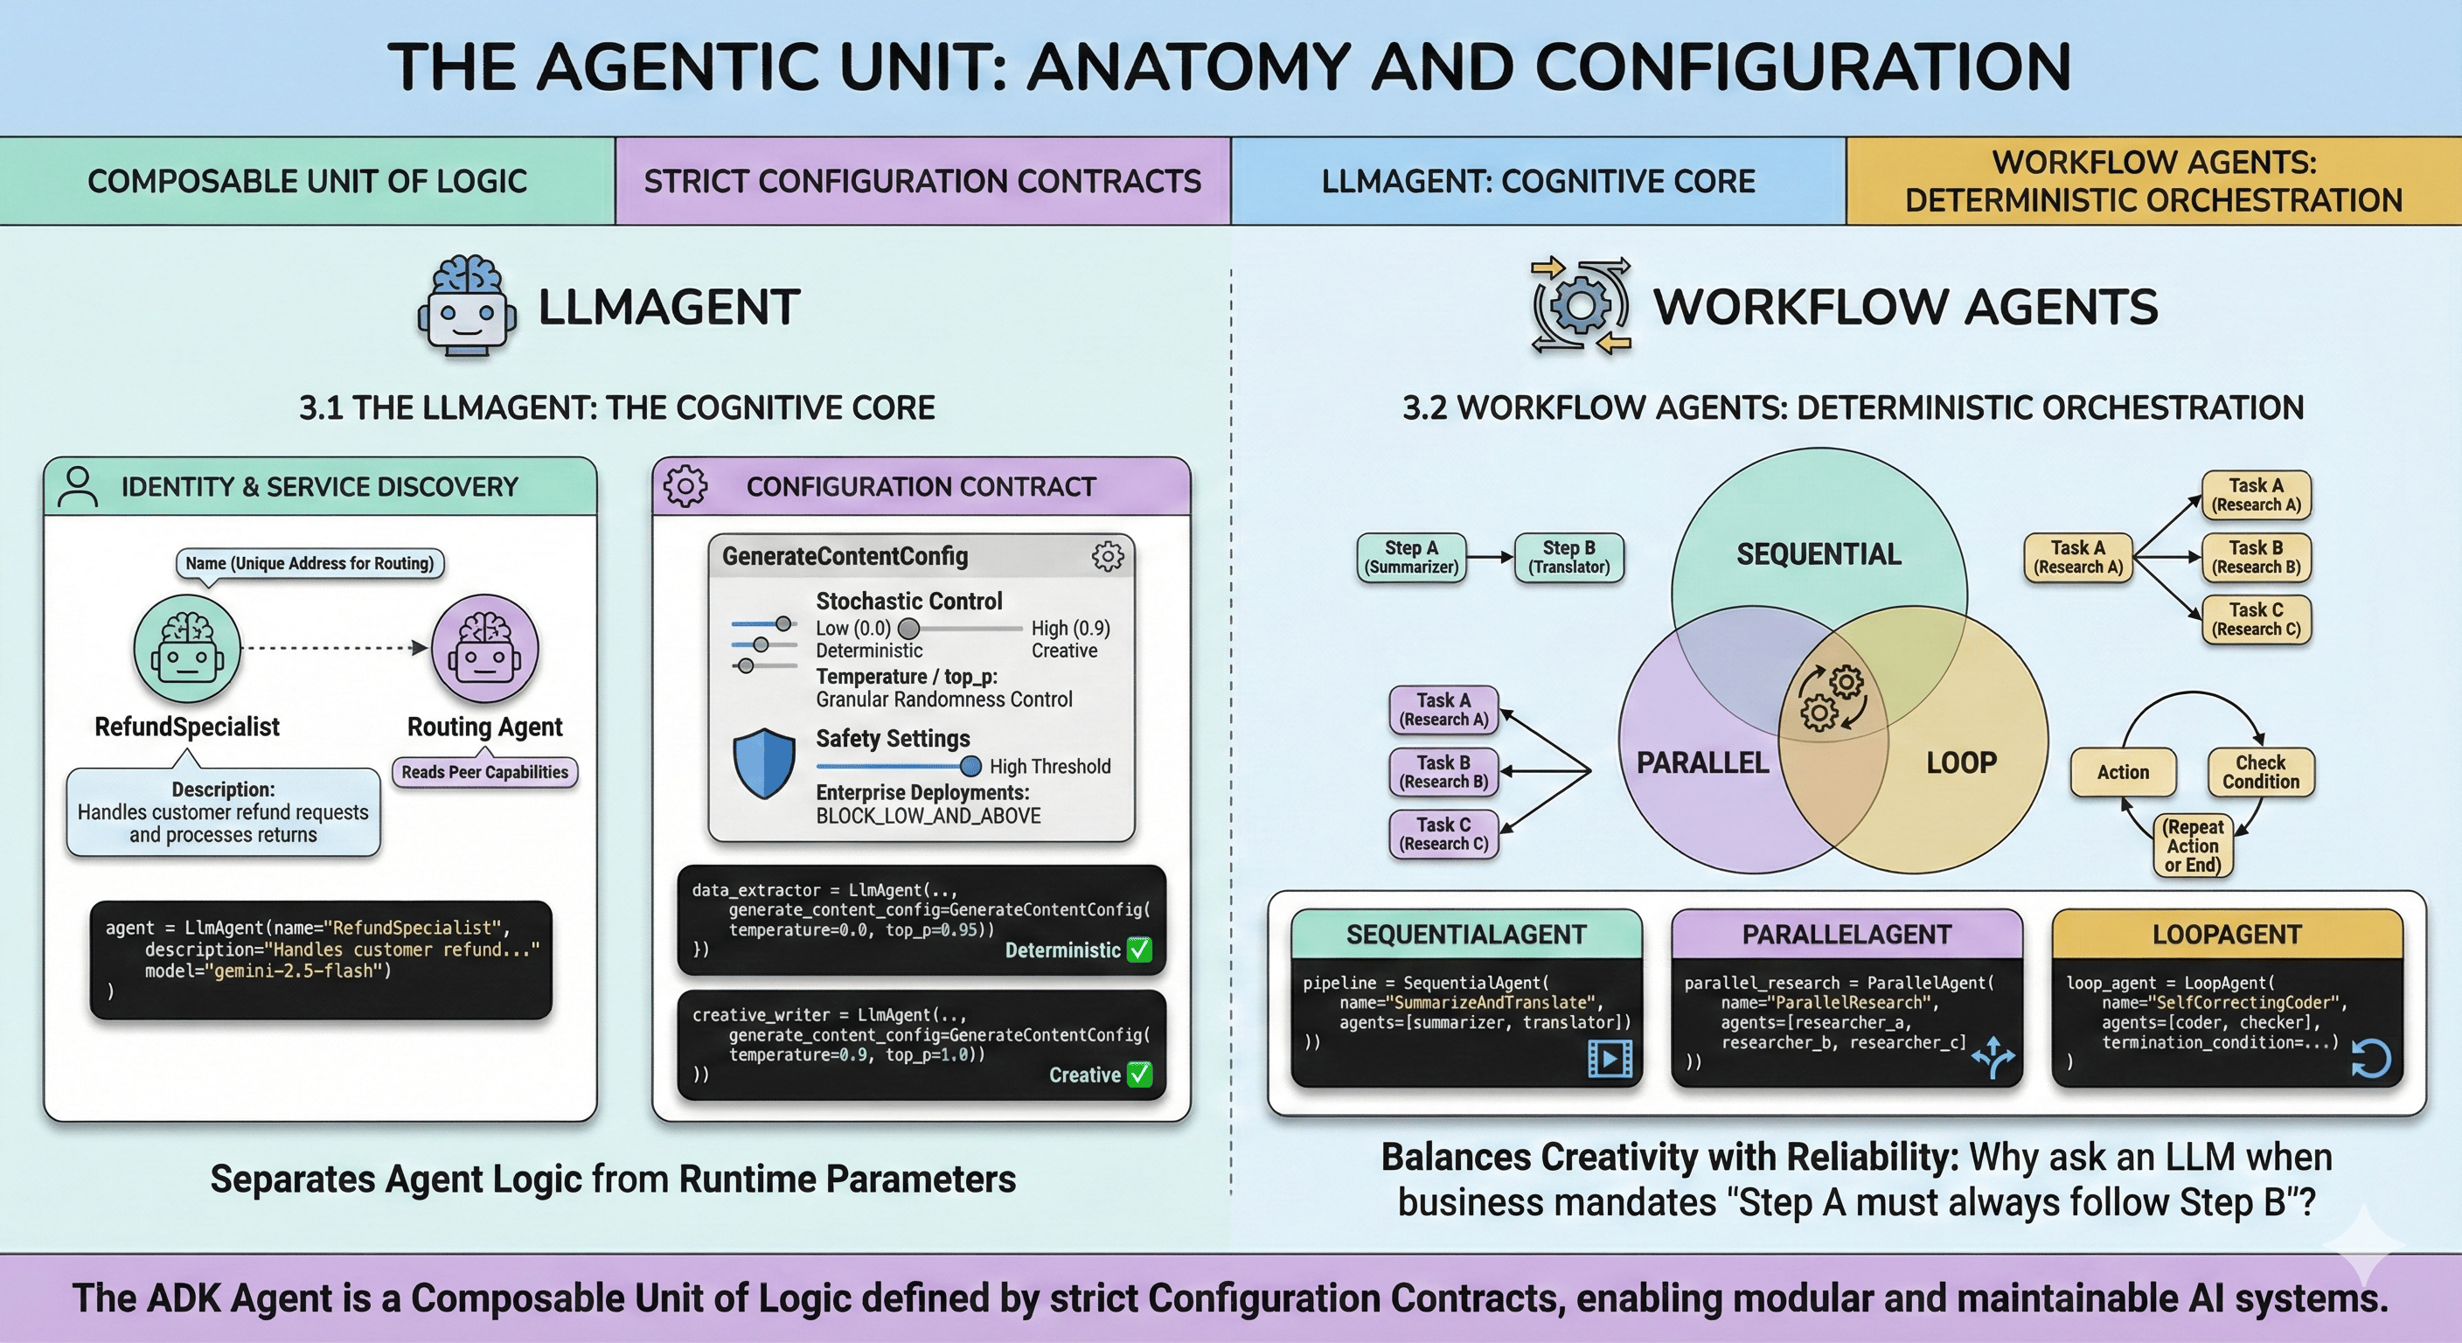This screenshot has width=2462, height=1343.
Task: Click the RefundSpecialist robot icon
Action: (x=187, y=649)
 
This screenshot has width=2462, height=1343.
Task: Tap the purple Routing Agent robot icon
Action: (x=485, y=649)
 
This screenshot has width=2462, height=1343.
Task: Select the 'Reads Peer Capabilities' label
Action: (x=484, y=772)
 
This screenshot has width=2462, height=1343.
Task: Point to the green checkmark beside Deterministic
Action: (x=1139, y=950)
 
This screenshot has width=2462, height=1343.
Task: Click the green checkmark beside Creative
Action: (x=1139, y=1075)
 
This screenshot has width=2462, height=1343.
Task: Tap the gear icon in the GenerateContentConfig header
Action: (x=1108, y=556)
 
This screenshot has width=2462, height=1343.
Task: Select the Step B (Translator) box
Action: (x=1568, y=557)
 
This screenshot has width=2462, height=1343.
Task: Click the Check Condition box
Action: (x=2260, y=772)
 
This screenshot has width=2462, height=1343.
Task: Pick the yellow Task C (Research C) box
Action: (x=2256, y=619)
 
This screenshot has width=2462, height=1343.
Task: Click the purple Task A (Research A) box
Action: (x=1443, y=710)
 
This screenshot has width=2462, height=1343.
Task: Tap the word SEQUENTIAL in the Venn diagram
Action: (x=1818, y=554)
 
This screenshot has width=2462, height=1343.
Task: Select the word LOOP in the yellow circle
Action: (x=1961, y=762)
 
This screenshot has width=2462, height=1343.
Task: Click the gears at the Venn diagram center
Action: (x=1833, y=698)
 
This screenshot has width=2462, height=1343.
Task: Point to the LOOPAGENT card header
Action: (x=2226, y=934)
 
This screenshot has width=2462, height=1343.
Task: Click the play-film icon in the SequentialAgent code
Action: (x=1610, y=1059)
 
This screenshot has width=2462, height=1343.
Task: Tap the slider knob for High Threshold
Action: (x=970, y=766)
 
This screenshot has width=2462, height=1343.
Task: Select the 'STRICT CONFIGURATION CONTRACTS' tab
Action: (x=922, y=182)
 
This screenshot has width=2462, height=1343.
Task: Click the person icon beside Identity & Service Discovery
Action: (x=78, y=486)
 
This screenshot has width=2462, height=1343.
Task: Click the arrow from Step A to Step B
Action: (x=1490, y=557)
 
